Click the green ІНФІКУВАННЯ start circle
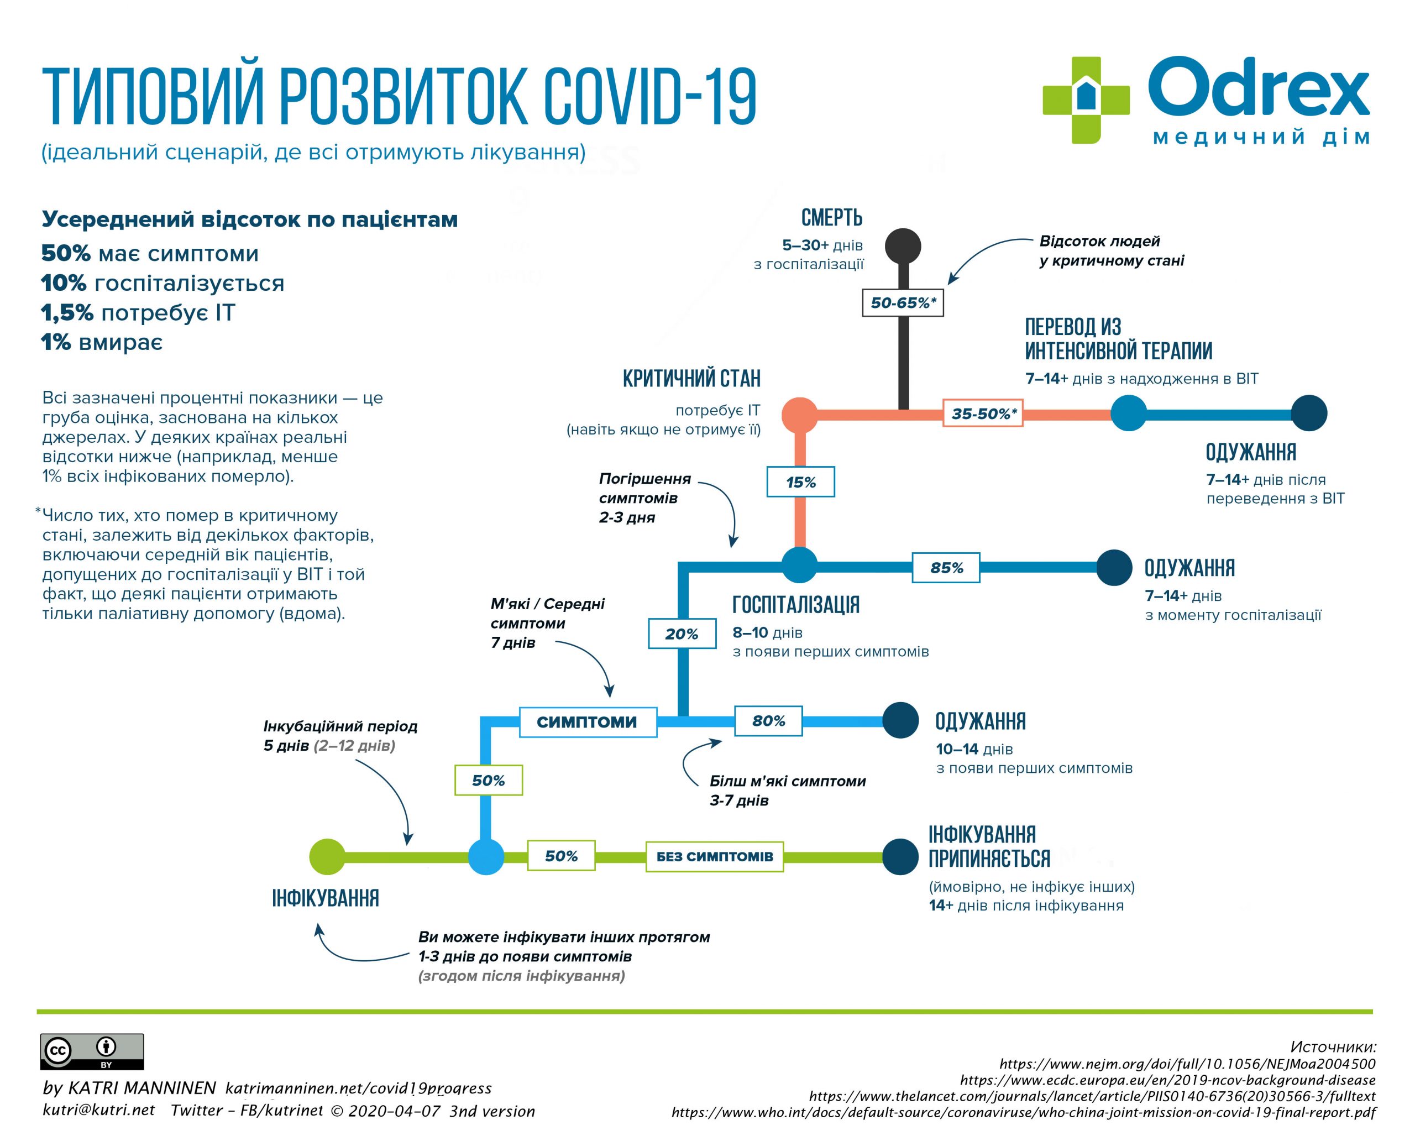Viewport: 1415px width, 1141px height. [x=327, y=856]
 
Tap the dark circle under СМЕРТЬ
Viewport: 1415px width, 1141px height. [x=903, y=247]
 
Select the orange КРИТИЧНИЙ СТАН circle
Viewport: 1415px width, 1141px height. [x=799, y=415]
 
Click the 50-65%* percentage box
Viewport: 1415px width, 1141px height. [x=903, y=302]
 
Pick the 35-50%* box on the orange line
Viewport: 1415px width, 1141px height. [x=983, y=414]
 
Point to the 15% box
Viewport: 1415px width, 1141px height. [x=800, y=481]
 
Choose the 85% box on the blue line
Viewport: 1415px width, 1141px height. [x=946, y=568]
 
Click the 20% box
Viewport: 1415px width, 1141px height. [x=682, y=634]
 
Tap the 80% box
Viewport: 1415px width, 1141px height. [x=768, y=720]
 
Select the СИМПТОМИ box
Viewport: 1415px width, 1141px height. [x=588, y=721]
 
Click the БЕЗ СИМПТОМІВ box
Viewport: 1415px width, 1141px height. [x=714, y=856]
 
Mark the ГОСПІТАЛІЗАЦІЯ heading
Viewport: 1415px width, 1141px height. [x=795, y=604]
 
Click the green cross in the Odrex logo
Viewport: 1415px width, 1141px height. [x=1086, y=100]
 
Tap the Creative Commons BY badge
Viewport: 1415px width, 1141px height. [x=92, y=1051]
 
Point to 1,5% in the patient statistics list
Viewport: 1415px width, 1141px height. [x=67, y=313]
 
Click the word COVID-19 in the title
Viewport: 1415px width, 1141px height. [x=650, y=97]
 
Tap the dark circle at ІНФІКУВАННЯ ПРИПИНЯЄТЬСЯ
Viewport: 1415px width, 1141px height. [x=900, y=856]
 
